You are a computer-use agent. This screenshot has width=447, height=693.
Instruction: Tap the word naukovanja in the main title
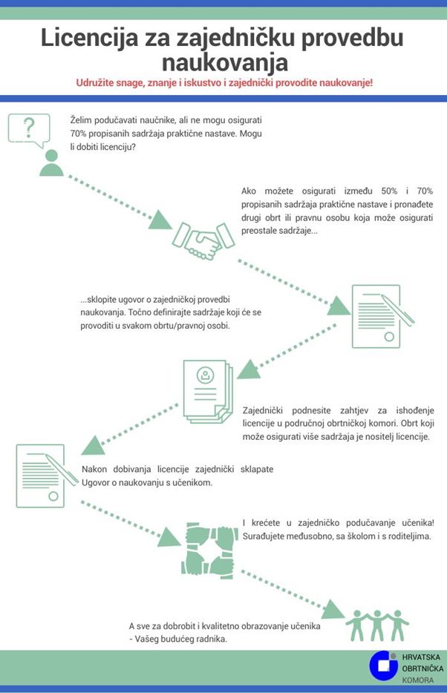224,62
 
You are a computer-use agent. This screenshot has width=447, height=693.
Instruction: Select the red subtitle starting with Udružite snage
224,83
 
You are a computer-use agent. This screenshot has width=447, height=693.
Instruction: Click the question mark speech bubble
29,130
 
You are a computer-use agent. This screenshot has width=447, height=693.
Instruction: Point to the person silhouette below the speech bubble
51,163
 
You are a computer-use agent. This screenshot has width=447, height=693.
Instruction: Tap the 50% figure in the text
389,191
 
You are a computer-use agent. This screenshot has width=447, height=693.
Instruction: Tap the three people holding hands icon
377,625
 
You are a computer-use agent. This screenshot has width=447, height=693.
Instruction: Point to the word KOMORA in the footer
418,680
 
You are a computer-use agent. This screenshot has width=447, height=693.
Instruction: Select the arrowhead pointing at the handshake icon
159,220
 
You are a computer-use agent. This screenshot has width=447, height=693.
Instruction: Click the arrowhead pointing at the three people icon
333,610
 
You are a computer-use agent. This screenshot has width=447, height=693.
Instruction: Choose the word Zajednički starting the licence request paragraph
263,410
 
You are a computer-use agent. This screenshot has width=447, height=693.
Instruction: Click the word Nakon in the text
94,470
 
